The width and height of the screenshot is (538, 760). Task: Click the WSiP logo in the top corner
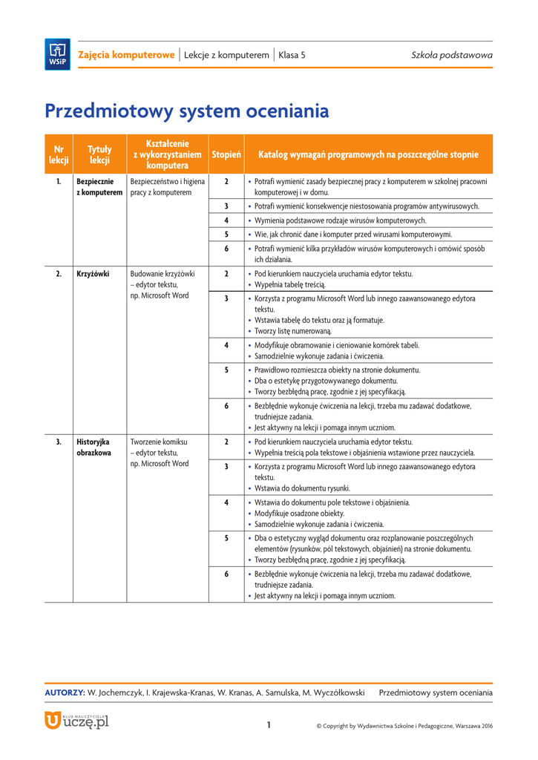coord(57,54)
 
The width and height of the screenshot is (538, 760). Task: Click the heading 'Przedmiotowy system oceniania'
coord(186,111)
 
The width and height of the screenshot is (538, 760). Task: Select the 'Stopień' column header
coord(226,154)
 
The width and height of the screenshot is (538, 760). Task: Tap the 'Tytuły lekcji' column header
coord(99,154)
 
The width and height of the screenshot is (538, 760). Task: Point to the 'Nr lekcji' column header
coord(59,154)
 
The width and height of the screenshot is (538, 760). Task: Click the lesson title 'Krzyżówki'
coord(93,274)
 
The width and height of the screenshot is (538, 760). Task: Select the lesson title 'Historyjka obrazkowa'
coord(94,447)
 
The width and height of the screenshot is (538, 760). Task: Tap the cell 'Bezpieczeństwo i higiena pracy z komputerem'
coord(167,186)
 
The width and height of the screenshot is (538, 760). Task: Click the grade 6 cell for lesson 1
coord(226,249)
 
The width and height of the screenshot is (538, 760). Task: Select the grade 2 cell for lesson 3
coord(226,442)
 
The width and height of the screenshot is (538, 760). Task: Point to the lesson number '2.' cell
coord(59,274)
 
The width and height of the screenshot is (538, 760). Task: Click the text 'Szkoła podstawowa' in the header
coord(452,56)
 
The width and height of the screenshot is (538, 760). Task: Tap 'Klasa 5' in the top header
coord(292,56)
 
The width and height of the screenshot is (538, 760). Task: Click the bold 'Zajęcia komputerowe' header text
coord(127,56)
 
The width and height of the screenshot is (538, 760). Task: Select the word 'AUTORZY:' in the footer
coord(65,692)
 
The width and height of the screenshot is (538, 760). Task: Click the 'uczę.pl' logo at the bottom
coord(76,720)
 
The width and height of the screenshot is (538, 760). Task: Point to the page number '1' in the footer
coord(269,725)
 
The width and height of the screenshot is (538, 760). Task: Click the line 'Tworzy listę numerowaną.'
coord(293,331)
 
